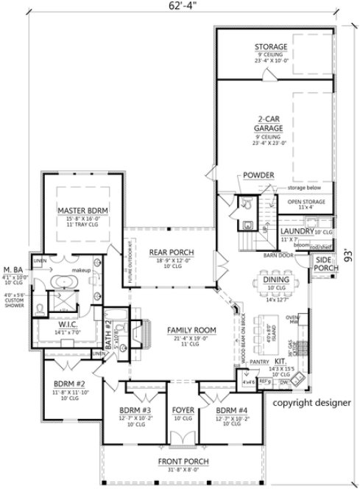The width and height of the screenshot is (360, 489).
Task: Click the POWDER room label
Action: (256, 175)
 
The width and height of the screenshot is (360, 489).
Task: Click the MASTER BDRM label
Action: (82, 211)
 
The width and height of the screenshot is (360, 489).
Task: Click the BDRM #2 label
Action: (71, 383)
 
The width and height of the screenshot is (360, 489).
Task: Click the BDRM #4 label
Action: (225, 410)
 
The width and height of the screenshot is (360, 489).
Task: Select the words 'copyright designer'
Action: (312, 404)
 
